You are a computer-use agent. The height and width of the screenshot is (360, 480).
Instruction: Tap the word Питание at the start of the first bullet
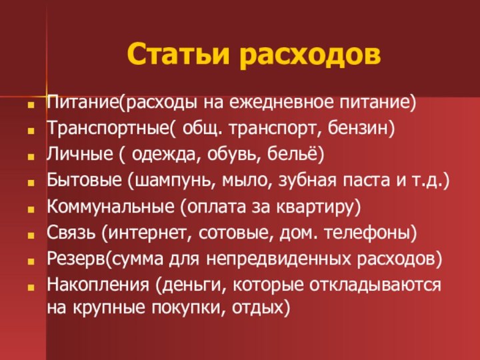click(x=82, y=104)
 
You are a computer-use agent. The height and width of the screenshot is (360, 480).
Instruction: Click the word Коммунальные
click(x=111, y=207)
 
